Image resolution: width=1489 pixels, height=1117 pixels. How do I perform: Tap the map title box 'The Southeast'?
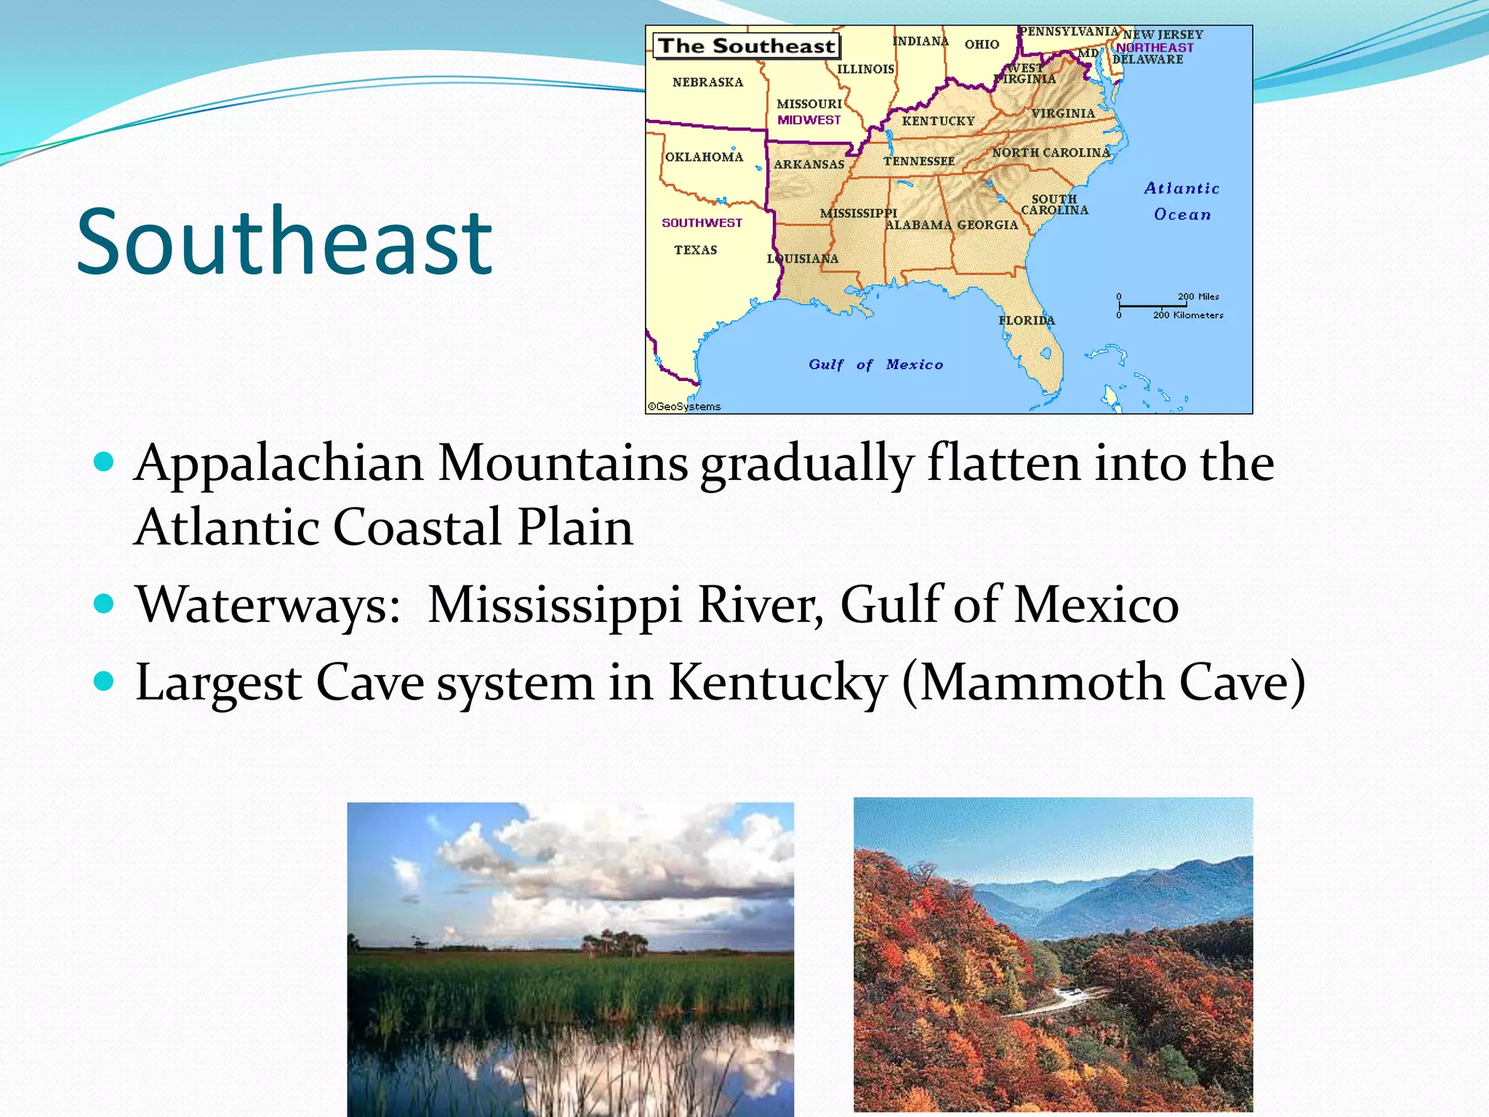coord(747,47)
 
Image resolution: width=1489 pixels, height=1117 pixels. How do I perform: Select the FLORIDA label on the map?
coord(1026,321)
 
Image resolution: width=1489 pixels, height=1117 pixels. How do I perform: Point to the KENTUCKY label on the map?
coord(938,121)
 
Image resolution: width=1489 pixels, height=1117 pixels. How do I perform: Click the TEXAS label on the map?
coord(695,250)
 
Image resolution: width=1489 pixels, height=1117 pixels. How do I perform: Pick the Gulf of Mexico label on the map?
coord(875,364)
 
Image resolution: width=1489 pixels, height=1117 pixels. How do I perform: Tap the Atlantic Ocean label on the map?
coord(1181,201)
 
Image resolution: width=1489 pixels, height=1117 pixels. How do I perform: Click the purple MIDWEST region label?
coord(808,120)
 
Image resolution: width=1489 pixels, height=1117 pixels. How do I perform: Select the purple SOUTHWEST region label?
coord(702,223)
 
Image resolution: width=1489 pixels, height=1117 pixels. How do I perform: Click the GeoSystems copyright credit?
coord(684,407)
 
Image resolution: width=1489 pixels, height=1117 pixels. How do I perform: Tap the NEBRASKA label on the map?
coord(707,83)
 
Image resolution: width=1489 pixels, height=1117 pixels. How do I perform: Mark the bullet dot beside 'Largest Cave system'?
coord(105,681)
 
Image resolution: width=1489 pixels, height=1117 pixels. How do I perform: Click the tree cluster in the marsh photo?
coord(615,942)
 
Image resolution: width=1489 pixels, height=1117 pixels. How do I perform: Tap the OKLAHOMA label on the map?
coord(704,157)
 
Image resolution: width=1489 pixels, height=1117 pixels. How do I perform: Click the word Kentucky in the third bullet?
coord(777,682)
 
